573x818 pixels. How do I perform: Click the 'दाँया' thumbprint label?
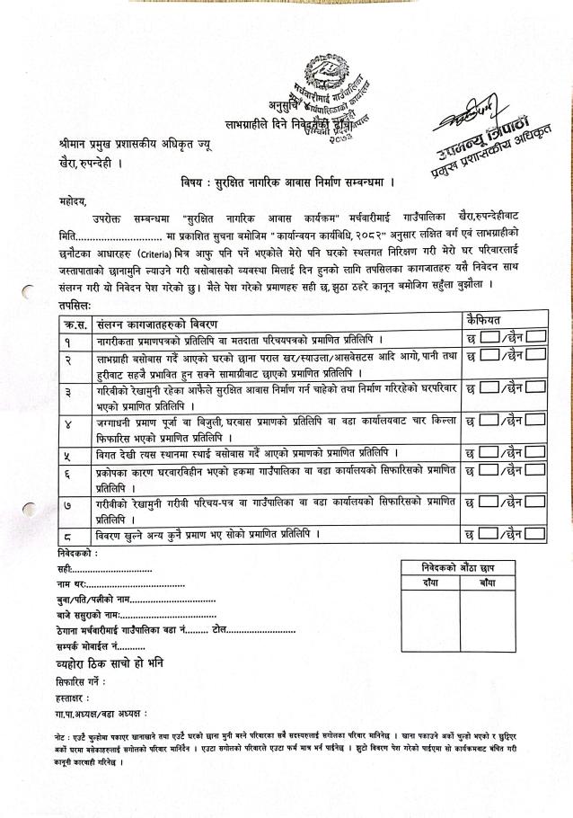click(x=430, y=582)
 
